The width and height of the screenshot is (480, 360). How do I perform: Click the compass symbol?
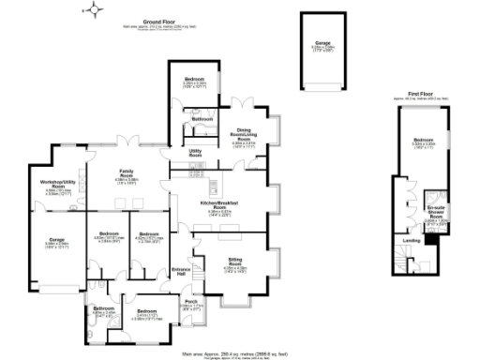tap(95, 11)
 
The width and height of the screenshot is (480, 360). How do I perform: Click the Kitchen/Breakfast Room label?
tap(226, 203)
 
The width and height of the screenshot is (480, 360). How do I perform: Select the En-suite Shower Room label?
tap(434, 213)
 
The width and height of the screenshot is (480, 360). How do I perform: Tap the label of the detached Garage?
tap(322, 41)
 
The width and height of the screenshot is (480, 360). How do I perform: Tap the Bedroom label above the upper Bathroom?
tap(194, 78)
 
